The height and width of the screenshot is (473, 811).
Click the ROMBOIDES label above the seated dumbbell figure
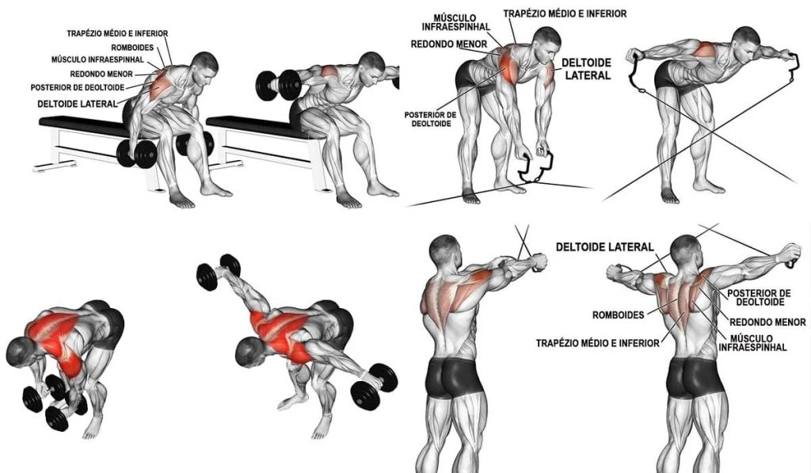point(132,48)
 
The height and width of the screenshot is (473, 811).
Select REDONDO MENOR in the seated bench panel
point(101,74)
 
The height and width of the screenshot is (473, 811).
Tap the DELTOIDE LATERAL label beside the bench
point(78,104)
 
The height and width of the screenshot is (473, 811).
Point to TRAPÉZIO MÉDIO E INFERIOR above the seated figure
point(117,33)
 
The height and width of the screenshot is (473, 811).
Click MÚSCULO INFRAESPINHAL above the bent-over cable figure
point(455,23)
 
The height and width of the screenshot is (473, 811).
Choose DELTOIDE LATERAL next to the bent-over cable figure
point(587,69)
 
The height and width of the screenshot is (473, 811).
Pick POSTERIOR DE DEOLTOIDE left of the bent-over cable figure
point(430,119)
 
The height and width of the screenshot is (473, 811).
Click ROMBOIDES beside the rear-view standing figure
point(618,315)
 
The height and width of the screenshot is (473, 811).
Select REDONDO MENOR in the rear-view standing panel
point(767,322)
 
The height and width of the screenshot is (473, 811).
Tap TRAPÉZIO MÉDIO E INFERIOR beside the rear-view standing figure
point(597,342)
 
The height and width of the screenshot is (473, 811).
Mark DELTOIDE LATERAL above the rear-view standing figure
point(604,247)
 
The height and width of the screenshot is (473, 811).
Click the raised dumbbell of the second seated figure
point(278,85)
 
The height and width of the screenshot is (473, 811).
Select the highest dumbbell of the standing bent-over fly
point(218,273)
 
